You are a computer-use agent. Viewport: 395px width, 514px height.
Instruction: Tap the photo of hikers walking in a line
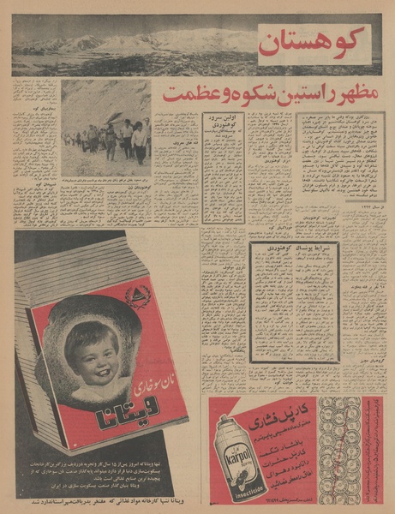(x=105, y=128)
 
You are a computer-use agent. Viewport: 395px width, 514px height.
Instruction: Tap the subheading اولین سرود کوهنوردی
(x=224, y=126)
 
